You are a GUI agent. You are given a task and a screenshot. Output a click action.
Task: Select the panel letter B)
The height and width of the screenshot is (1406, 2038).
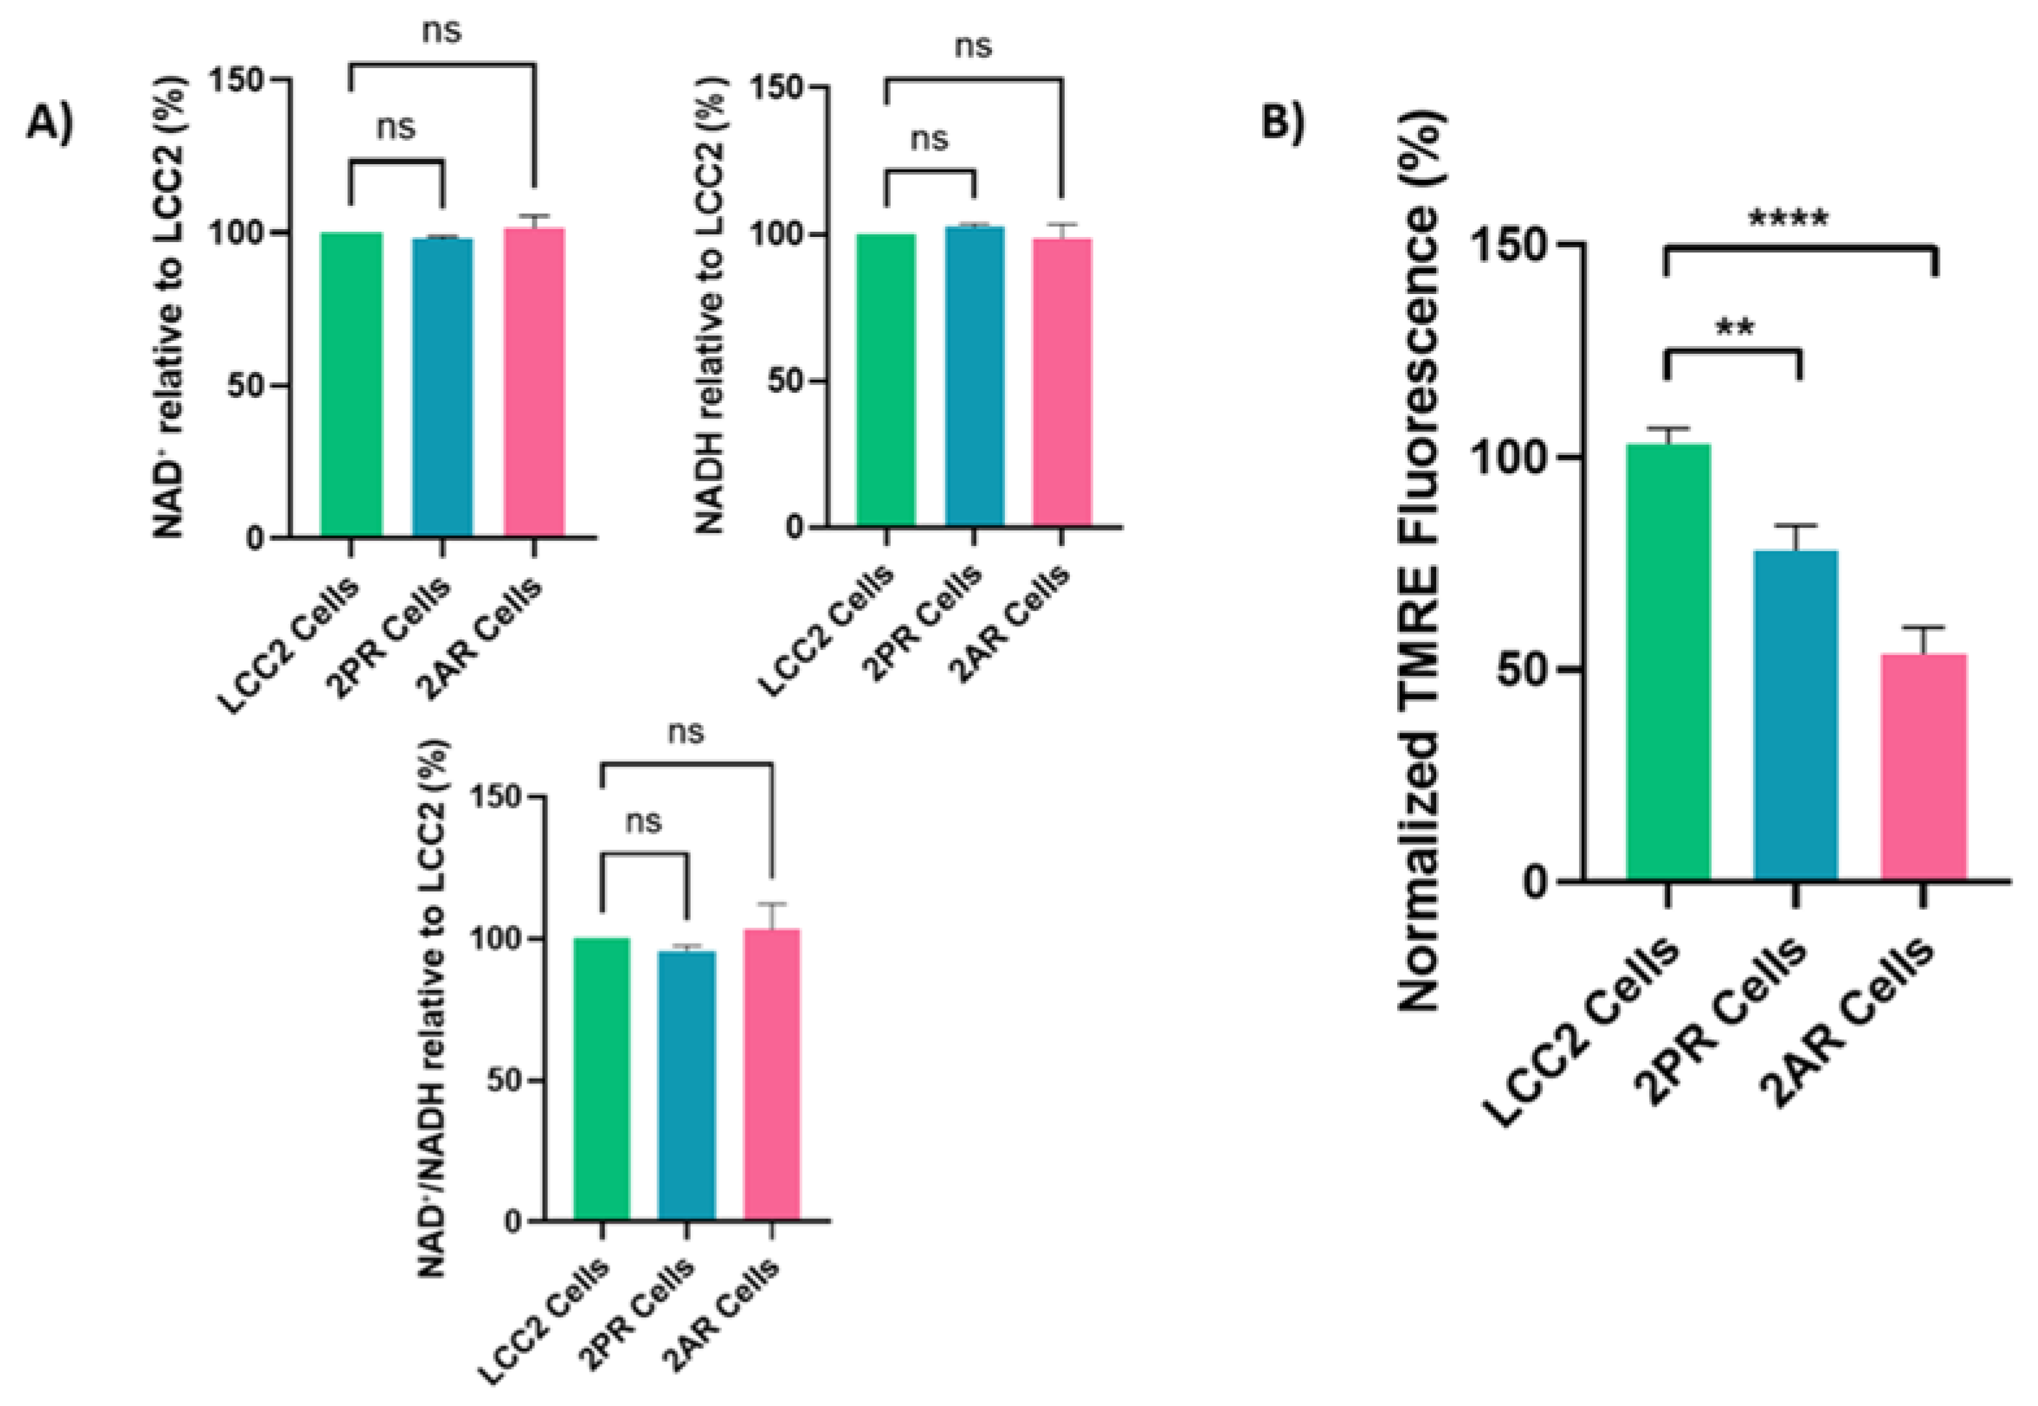pos(1282,121)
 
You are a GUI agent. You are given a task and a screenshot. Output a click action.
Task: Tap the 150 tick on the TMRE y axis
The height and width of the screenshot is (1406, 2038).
pos(1514,244)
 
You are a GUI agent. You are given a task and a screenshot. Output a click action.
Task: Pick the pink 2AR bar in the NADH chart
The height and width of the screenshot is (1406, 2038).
pos(1062,382)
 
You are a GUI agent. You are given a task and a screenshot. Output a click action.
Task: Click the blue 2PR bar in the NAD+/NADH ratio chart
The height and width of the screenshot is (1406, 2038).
pos(686,1085)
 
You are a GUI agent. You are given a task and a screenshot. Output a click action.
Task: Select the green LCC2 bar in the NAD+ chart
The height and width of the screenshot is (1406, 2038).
pos(351,384)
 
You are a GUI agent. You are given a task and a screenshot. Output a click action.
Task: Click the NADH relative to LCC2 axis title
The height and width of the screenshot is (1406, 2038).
pos(710,308)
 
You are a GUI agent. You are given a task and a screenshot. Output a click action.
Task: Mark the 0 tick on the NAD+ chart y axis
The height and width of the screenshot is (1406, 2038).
pos(255,538)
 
